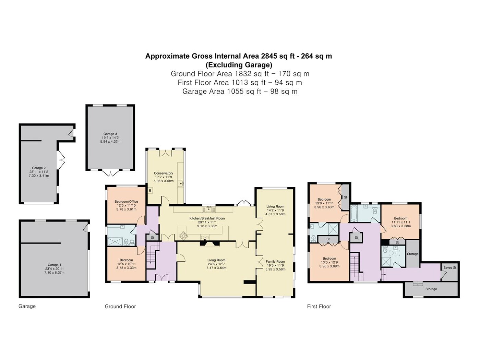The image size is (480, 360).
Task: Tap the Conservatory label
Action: pyautogui.click(x=163, y=173)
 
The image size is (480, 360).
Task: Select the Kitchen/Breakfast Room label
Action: pyautogui.click(x=207, y=218)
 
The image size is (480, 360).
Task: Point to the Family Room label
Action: pyautogui.click(x=275, y=261)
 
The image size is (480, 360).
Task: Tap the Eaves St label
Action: pyautogui.click(x=449, y=267)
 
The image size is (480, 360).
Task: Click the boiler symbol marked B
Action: pyautogui.click(x=150, y=191)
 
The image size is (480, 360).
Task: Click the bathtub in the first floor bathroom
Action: pyautogui.click(x=353, y=214)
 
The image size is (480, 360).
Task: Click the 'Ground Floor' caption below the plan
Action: pyautogui.click(x=120, y=307)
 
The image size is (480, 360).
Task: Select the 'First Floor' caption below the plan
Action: pyautogui.click(x=319, y=307)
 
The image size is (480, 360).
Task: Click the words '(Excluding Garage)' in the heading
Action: pyautogui.click(x=239, y=65)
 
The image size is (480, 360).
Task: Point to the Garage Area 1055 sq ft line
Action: pyautogui.click(x=240, y=91)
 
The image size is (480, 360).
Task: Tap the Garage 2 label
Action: pyautogui.click(x=39, y=168)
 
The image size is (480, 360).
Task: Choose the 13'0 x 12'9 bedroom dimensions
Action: pyautogui.click(x=329, y=262)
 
